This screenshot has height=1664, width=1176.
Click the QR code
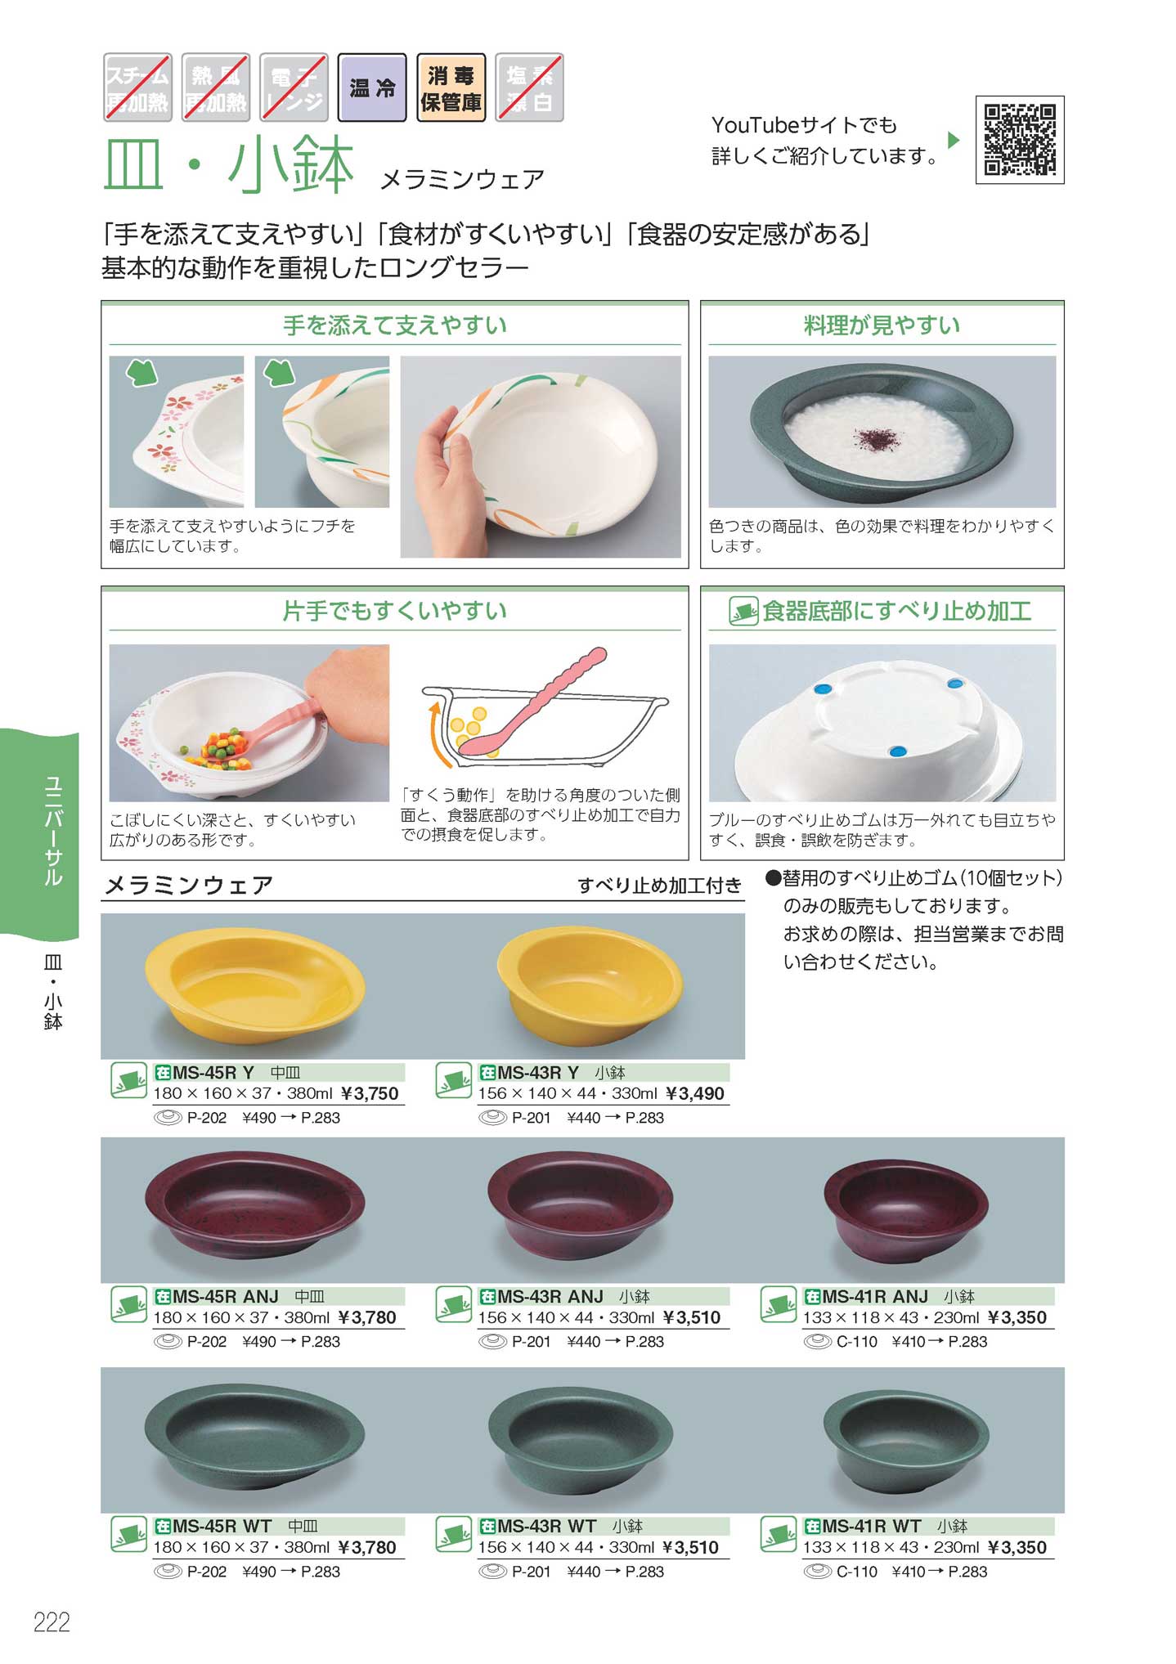[x=1019, y=140]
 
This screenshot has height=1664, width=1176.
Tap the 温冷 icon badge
[x=372, y=88]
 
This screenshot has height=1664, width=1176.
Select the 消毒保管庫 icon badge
[x=451, y=88]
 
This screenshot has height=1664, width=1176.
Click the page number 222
[x=52, y=1621]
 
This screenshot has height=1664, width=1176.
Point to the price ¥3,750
[x=369, y=1093]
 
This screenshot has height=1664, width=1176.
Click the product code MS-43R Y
[x=537, y=1072]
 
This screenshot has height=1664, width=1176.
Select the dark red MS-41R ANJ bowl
[x=906, y=1208]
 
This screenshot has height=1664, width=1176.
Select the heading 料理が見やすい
[x=882, y=325]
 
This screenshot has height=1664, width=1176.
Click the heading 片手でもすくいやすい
[x=394, y=611]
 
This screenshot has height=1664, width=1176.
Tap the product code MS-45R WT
[x=222, y=1526]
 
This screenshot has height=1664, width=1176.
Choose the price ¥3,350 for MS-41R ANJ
[x=1017, y=1317]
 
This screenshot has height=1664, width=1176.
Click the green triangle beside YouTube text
[x=953, y=140]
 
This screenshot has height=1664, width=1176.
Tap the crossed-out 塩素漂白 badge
[x=529, y=88]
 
